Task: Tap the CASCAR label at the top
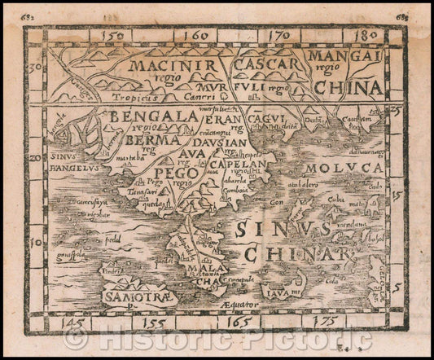tap(264, 63)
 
